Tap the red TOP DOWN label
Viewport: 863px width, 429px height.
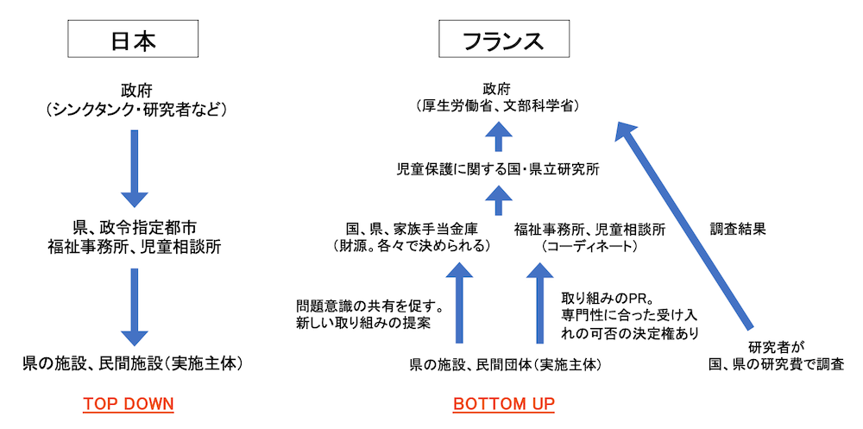coord(129,403)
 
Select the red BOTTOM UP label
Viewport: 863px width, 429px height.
coord(503,403)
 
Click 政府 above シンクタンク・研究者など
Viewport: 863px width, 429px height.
coord(135,89)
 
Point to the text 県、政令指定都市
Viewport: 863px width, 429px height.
coord(135,229)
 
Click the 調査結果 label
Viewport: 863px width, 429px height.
coord(738,230)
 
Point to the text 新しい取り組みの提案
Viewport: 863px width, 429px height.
coord(362,324)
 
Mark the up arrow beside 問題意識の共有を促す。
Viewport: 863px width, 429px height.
coord(458,306)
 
